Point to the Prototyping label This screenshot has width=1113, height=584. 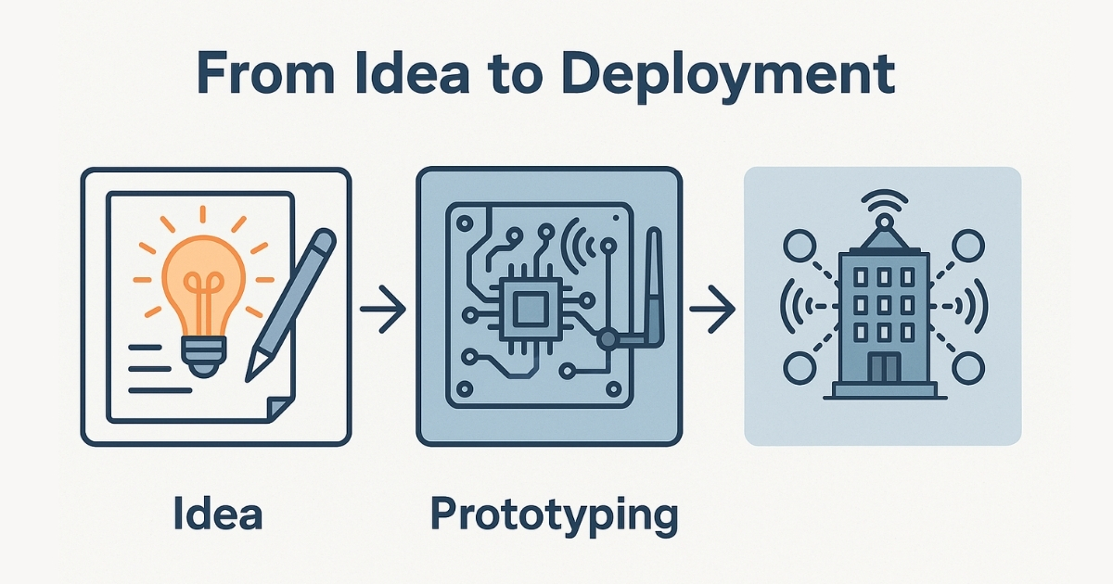pyautogui.click(x=554, y=514)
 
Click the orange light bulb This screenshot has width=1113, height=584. pyautogui.click(x=203, y=278)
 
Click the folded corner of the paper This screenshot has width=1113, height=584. pyautogui.click(x=277, y=407)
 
